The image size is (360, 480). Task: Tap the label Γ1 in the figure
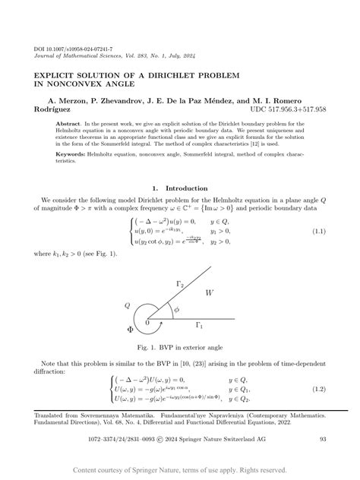point(200,325)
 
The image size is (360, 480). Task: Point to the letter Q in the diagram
point(128,305)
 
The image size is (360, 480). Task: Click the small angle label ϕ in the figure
point(176,310)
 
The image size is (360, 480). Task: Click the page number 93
point(322,437)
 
